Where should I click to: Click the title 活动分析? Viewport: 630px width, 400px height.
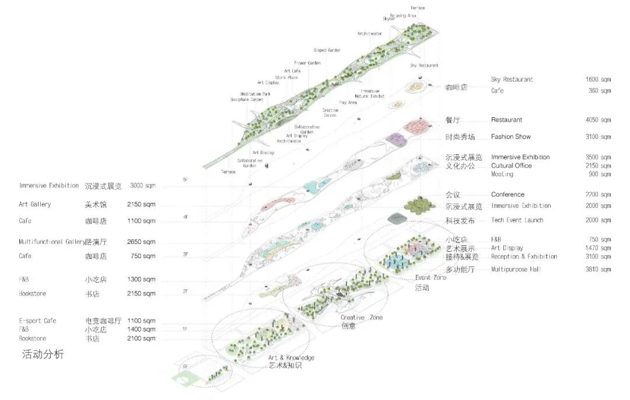pyautogui.click(x=43, y=354)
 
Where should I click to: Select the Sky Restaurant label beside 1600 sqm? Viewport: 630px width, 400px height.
pyautogui.click(x=512, y=79)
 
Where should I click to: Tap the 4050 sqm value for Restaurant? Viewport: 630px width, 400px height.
pyautogui.click(x=598, y=120)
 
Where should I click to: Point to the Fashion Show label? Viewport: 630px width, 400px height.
pyautogui.click(x=510, y=137)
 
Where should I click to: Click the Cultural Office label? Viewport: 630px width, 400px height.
pyautogui.click(x=511, y=165)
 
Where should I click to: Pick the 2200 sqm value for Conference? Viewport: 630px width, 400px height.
pyautogui.click(x=598, y=194)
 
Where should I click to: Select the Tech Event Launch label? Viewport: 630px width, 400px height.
pyautogui.click(x=517, y=220)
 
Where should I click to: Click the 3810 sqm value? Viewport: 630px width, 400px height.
pyautogui.click(x=598, y=269)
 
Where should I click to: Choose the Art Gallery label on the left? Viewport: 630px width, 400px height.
pyautogui.click(x=34, y=204)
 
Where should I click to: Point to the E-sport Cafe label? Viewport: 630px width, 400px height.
pyautogui.click(x=37, y=321)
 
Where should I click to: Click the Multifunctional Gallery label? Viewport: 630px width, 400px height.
pyautogui.click(x=51, y=242)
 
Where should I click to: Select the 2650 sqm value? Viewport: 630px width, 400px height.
pyautogui.click(x=141, y=242)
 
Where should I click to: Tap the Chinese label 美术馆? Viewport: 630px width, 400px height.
pyautogui.click(x=95, y=204)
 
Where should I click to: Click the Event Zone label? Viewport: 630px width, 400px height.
pyautogui.click(x=430, y=278)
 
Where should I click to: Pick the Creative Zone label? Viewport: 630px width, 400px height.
pyautogui.click(x=361, y=318)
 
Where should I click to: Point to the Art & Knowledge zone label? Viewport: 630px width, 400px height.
pyautogui.click(x=291, y=357)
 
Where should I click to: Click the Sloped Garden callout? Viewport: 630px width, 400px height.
pyautogui.click(x=327, y=50)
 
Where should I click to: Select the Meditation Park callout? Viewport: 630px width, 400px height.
pyautogui.click(x=256, y=94)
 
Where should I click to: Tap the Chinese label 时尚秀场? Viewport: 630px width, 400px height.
pyautogui.click(x=460, y=137)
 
